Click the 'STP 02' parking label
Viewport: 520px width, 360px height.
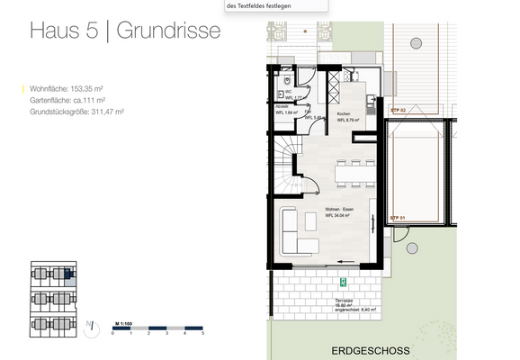point(397,109)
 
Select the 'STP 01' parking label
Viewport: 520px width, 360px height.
point(397,218)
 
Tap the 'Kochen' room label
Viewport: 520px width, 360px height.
point(343,114)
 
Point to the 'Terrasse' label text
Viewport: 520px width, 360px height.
point(343,300)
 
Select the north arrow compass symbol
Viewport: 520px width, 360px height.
point(90,328)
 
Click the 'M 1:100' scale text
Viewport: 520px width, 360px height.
point(123,321)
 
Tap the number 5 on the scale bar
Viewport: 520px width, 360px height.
point(204,334)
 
